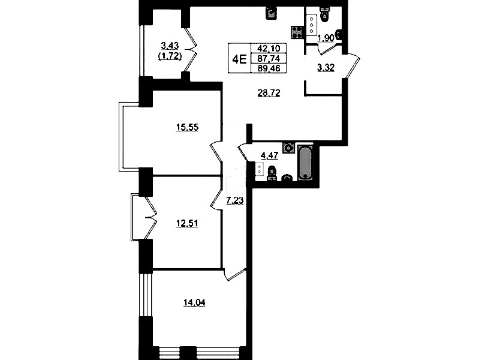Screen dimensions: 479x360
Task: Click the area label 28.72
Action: pos(269,93)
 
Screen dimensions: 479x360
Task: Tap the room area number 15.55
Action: pos(187,127)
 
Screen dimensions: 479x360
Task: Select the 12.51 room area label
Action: pos(187,223)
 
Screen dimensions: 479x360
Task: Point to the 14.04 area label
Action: pos(194,303)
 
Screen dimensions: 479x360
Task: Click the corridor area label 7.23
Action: pos(234,200)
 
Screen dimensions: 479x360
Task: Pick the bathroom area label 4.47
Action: pos(269,155)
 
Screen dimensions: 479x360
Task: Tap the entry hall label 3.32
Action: pos(326,68)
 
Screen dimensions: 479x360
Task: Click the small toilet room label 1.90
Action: pos(326,38)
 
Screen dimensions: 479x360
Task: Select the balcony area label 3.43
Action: pos(170,46)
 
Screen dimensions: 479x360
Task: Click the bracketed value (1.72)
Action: pos(170,56)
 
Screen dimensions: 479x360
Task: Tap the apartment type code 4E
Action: pos(239,58)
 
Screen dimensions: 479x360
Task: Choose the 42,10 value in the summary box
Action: pos(269,49)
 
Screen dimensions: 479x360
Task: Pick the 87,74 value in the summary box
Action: pos(269,58)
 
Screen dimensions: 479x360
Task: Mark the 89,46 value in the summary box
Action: pos(269,68)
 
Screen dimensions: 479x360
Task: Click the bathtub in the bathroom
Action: pos(305,163)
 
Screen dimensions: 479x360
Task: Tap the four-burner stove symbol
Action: pos(297,32)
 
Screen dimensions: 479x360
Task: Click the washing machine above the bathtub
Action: pos(288,148)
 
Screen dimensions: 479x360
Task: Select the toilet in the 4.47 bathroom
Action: pos(271,173)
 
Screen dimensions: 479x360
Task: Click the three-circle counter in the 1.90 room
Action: pos(312,25)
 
